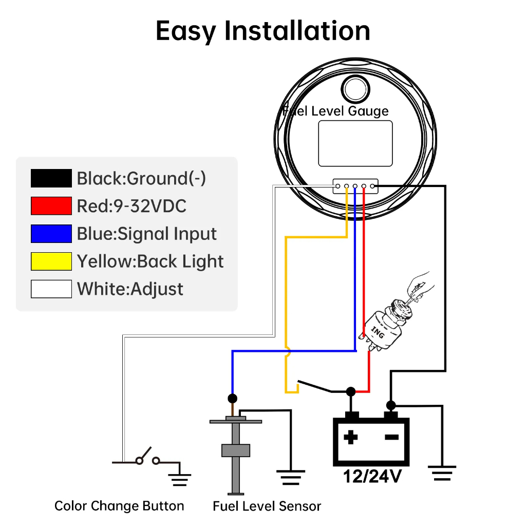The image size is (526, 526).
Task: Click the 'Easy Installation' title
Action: [x=262, y=31]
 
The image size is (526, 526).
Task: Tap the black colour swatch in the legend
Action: [x=51, y=178]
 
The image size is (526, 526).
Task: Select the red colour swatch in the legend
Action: [x=51, y=206]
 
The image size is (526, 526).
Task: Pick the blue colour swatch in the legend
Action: [x=51, y=234]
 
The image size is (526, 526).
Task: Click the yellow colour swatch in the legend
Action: [x=51, y=261]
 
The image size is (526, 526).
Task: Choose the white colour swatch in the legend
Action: [x=51, y=289]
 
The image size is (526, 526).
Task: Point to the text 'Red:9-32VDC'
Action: [x=131, y=206]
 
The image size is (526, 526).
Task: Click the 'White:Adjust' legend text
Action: [x=130, y=289]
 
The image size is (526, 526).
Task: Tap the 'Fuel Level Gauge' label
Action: [x=336, y=110]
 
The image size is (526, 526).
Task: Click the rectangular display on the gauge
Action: [x=355, y=143]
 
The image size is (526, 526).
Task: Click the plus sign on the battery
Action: [x=351, y=438]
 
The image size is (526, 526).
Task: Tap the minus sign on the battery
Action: [x=391, y=438]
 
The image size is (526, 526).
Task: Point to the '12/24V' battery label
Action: [x=372, y=476]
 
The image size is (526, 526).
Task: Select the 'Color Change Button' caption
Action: [x=119, y=506]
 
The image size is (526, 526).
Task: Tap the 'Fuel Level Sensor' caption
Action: [x=267, y=506]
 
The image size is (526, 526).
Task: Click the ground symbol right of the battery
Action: [x=441, y=472]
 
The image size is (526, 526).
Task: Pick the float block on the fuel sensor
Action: [x=235, y=450]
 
